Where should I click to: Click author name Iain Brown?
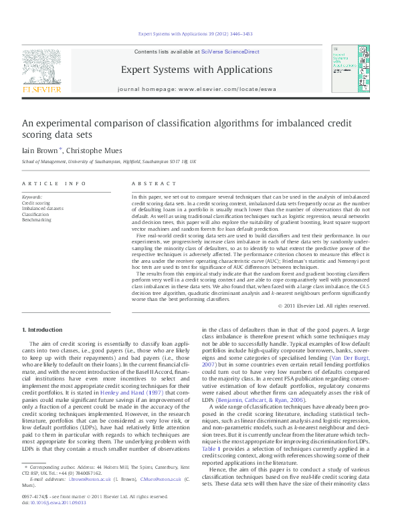tap(41, 151)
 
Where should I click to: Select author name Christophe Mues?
tap(95, 151)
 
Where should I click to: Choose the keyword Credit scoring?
tap(36, 203)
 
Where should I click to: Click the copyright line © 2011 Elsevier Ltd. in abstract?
tap(324, 306)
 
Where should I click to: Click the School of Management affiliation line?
tap(109, 162)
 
